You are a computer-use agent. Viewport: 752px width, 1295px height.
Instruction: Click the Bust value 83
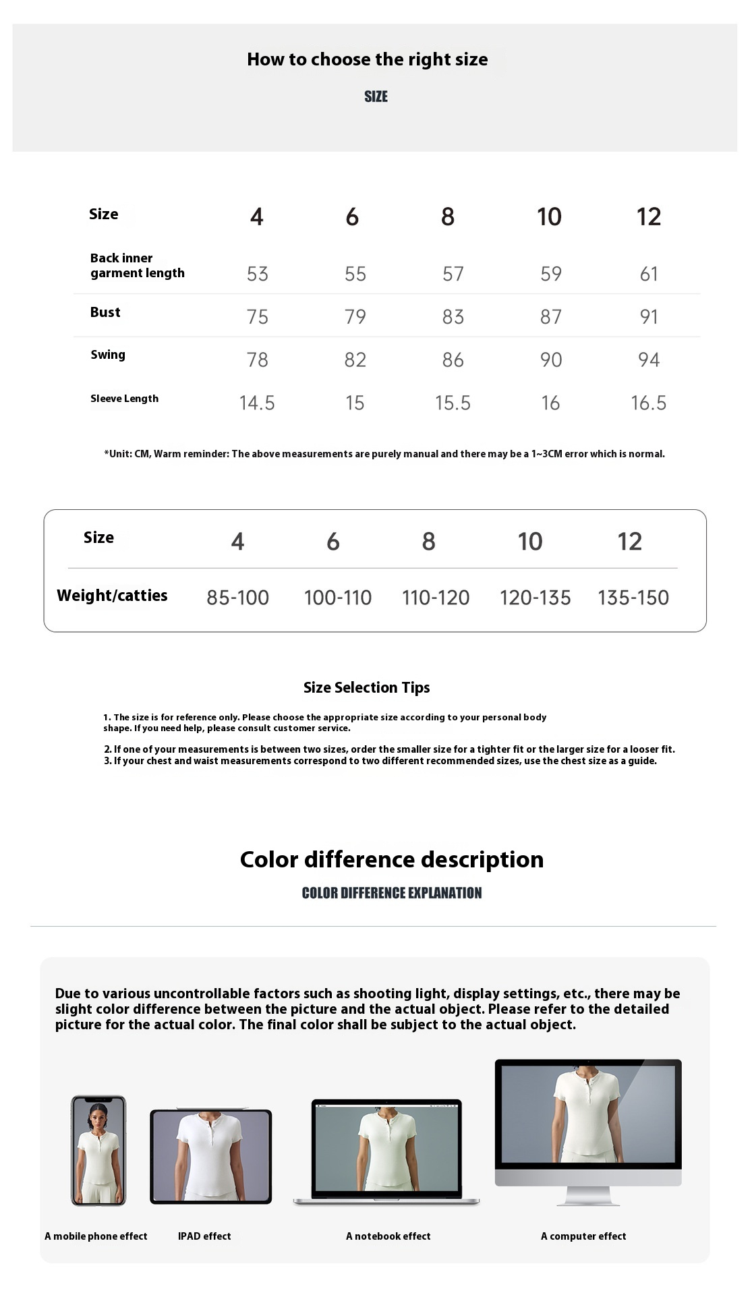(453, 317)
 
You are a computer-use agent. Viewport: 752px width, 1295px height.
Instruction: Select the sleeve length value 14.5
(257, 403)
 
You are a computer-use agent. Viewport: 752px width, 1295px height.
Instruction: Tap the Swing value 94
(648, 360)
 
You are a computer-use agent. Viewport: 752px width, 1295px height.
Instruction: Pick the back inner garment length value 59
(550, 274)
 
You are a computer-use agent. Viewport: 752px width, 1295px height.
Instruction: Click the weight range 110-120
(436, 598)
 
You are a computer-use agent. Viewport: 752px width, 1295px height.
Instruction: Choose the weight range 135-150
(633, 598)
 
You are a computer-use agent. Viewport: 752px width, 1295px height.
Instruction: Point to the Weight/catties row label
(112, 596)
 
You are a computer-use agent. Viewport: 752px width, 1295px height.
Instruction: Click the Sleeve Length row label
(124, 399)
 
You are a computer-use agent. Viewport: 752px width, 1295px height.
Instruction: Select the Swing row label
(108, 355)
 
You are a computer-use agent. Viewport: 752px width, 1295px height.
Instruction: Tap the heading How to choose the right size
(367, 59)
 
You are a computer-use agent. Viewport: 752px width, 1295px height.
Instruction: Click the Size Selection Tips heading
(366, 687)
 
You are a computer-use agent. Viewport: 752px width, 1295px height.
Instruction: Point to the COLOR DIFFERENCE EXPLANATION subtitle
(391, 893)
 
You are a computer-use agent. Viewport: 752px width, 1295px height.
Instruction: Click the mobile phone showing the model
(98, 1151)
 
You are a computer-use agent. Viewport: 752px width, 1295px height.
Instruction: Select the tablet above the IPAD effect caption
(210, 1156)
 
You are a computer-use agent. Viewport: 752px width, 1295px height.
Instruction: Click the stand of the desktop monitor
(587, 1196)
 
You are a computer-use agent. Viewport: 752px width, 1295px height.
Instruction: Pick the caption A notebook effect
(388, 1236)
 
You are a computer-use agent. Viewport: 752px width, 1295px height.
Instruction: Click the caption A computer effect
(583, 1236)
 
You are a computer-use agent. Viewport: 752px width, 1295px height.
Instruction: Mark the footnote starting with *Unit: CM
(384, 454)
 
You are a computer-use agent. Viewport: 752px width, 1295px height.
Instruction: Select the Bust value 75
(257, 317)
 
